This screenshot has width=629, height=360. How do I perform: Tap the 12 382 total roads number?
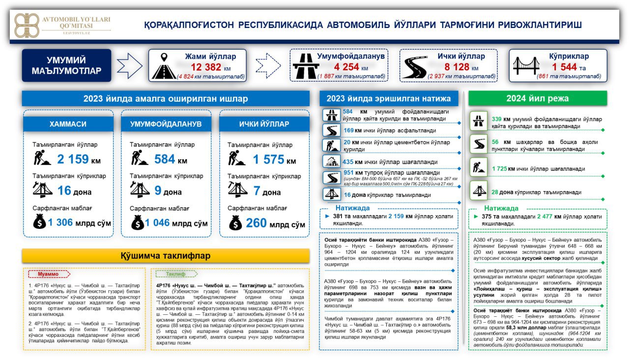206,67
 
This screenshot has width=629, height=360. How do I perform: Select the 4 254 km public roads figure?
346,67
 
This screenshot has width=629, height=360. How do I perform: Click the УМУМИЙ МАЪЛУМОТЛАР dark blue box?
66,65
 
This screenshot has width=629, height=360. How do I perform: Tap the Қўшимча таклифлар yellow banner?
166,255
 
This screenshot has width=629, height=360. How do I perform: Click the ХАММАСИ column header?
68,124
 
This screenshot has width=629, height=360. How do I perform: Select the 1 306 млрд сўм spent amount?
79,223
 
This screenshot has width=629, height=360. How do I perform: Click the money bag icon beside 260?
235,224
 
